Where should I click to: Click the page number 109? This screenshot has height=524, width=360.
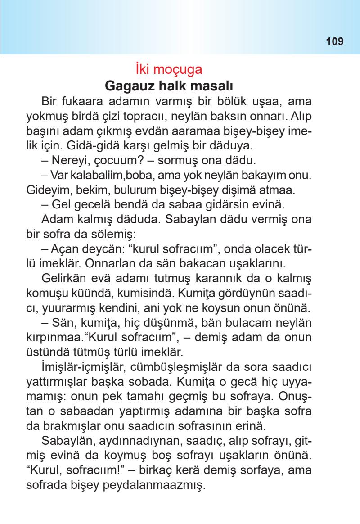pyautogui.click(x=335, y=42)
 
